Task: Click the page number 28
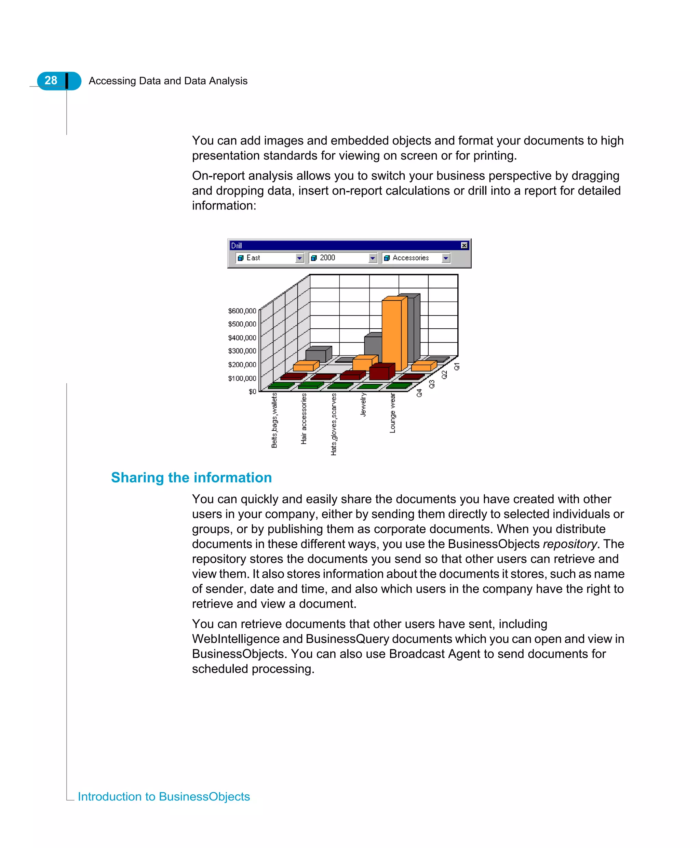click(x=51, y=81)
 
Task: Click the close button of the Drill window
click(x=464, y=245)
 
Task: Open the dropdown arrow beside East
click(x=299, y=258)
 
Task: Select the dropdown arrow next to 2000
click(x=373, y=258)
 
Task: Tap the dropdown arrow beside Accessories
click(x=446, y=258)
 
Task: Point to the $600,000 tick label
click(x=242, y=311)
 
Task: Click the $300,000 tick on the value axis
click(x=242, y=351)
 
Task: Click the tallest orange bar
click(x=392, y=334)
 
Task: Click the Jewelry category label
click(x=363, y=405)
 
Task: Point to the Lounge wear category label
click(x=392, y=413)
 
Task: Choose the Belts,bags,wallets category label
click(x=274, y=420)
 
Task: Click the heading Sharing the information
click(x=191, y=478)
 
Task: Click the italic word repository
click(x=569, y=544)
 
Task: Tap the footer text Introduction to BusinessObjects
click(x=164, y=796)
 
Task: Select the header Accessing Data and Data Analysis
click(x=168, y=81)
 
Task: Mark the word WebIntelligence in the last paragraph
click(x=247, y=639)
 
